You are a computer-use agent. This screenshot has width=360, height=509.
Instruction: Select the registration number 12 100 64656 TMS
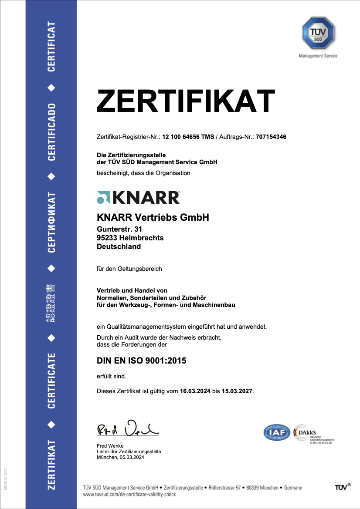click(188, 137)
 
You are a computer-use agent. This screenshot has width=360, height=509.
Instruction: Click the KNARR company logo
click(138, 197)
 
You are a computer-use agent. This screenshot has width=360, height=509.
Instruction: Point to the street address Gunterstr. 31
click(119, 229)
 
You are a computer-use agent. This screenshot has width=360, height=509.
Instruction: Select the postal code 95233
click(106, 238)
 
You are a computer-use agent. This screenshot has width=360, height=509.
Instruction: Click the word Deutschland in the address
click(119, 246)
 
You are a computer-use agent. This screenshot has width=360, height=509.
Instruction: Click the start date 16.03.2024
click(195, 391)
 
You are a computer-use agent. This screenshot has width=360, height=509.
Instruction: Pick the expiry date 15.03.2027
click(237, 391)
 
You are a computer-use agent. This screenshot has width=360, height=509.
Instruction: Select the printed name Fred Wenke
click(110, 446)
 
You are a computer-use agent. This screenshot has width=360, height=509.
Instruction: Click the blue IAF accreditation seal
click(277, 432)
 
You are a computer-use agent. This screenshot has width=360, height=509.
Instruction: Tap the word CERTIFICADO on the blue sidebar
click(51, 132)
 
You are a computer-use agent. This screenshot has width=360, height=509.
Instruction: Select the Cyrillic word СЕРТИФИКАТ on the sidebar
click(51, 222)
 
